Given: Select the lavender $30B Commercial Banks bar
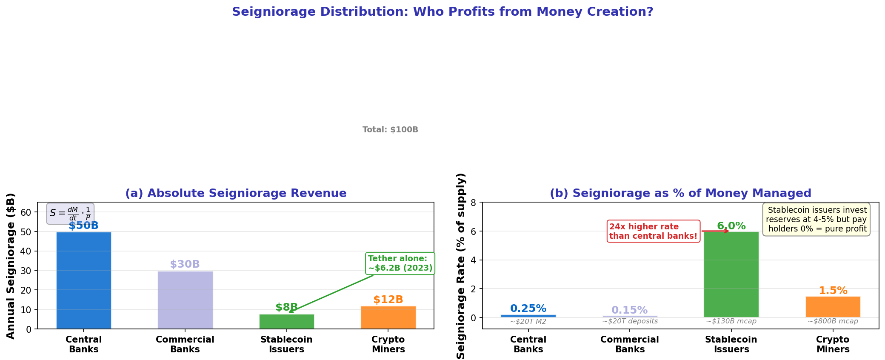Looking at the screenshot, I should coord(185,300).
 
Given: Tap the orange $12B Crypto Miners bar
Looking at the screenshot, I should coord(388,317).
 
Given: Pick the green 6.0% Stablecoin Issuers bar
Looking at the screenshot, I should coord(731,274).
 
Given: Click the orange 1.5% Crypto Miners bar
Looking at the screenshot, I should coord(833,306).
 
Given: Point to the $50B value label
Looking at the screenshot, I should coord(83,226).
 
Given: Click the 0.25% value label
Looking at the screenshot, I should coord(528,309).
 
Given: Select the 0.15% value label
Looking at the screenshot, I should coord(629,310).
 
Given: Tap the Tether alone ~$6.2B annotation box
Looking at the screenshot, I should coord(400,263).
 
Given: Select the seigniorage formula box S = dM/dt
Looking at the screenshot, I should coord(70,214).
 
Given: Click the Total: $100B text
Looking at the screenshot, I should coord(390,130).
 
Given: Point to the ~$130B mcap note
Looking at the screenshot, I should coord(731,321).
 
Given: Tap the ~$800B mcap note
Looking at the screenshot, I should coord(833,321).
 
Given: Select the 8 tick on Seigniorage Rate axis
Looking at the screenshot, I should coord(473,203).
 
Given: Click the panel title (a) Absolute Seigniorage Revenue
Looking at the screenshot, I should coord(236,193).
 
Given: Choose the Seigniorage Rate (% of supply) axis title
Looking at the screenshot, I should coord(461,266).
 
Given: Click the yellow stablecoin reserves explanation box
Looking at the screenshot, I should coord(817,220).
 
